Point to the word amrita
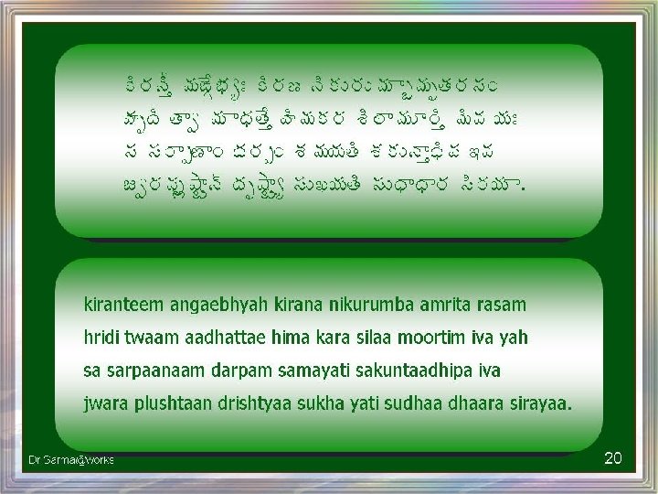point(436,305)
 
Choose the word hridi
point(102,338)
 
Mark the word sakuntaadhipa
point(426,371)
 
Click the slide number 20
point(613,457)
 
